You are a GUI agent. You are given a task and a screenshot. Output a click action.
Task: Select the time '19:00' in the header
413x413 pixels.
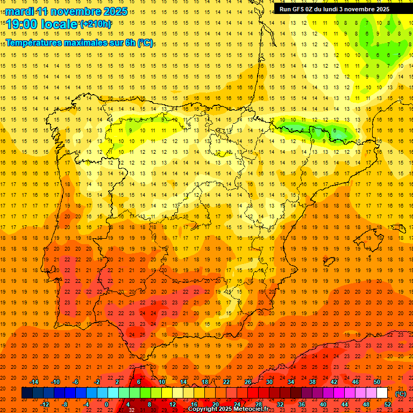point(21,24)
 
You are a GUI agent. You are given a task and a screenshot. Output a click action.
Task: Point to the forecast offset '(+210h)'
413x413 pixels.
point(96,24)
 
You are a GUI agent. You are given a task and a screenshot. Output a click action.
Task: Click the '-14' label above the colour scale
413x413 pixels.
point(34,382)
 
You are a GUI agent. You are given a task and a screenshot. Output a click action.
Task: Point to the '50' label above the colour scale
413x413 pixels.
point(376,382)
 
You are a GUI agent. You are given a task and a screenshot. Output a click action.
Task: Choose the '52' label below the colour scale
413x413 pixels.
point(388,404)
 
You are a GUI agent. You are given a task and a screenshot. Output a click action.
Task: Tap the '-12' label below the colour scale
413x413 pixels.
point(45,404)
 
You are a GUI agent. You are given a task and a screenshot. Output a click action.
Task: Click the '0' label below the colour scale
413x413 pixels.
point(106,404)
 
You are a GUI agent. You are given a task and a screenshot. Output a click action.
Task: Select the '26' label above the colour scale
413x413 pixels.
point(248,382)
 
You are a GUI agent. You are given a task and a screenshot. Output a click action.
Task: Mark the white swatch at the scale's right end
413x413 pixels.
point(382,393)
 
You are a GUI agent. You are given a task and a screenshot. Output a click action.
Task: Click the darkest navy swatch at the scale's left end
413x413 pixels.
point(26,393)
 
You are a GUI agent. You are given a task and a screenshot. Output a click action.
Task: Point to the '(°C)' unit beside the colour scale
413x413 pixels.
point(400,394)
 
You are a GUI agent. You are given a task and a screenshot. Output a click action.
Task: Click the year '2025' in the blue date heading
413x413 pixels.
point(114,11)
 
